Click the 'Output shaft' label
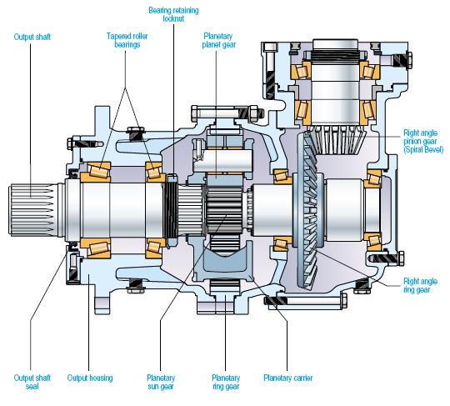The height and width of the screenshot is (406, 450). coord(32,37)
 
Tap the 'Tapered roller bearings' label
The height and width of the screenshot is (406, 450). coord(127,40)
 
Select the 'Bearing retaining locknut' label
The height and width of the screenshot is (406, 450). coord(173,14)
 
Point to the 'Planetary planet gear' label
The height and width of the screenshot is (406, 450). coord(219,40)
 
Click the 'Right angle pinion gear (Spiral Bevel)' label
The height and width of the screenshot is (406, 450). coord(423,141)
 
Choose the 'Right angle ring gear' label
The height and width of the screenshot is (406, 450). coord(420,285)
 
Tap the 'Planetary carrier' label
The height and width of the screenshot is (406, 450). coord(287,378)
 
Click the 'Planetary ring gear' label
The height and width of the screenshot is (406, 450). coord(226,382)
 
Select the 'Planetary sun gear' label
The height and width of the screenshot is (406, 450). coord(161,382)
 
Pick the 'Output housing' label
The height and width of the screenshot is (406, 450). coord(90,378)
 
